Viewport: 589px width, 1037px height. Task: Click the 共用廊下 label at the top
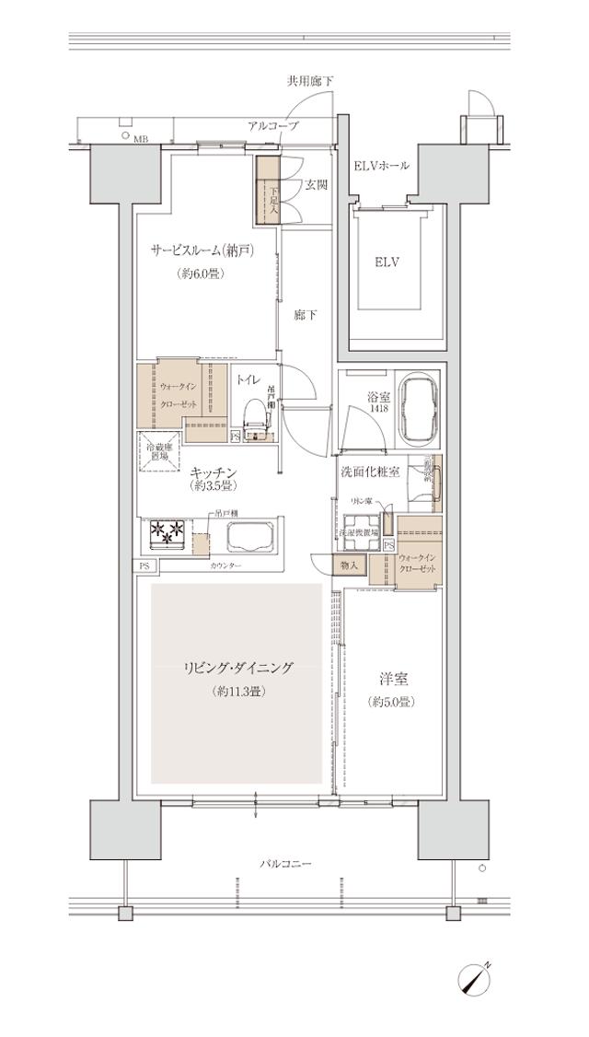pyautogui.click(x=308, y=82)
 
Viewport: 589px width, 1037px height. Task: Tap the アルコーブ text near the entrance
pyautogui.click(x=272, y=125)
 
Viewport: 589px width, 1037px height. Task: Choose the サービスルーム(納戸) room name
pyautogui.click(x=202, y=250)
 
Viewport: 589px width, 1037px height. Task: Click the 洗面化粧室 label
pyautogui.click(x=370, y=471)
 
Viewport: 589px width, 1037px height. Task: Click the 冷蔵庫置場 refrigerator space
pyautogui.click(x=158, y=450)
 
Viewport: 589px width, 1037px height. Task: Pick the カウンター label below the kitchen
pyautogui.click(x=225, y=565)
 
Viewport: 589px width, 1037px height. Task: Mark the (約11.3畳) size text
pyautogui.click(x=237, y=691)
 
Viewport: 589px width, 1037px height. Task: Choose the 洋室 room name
pyautogui.click(x=394, y=680)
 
